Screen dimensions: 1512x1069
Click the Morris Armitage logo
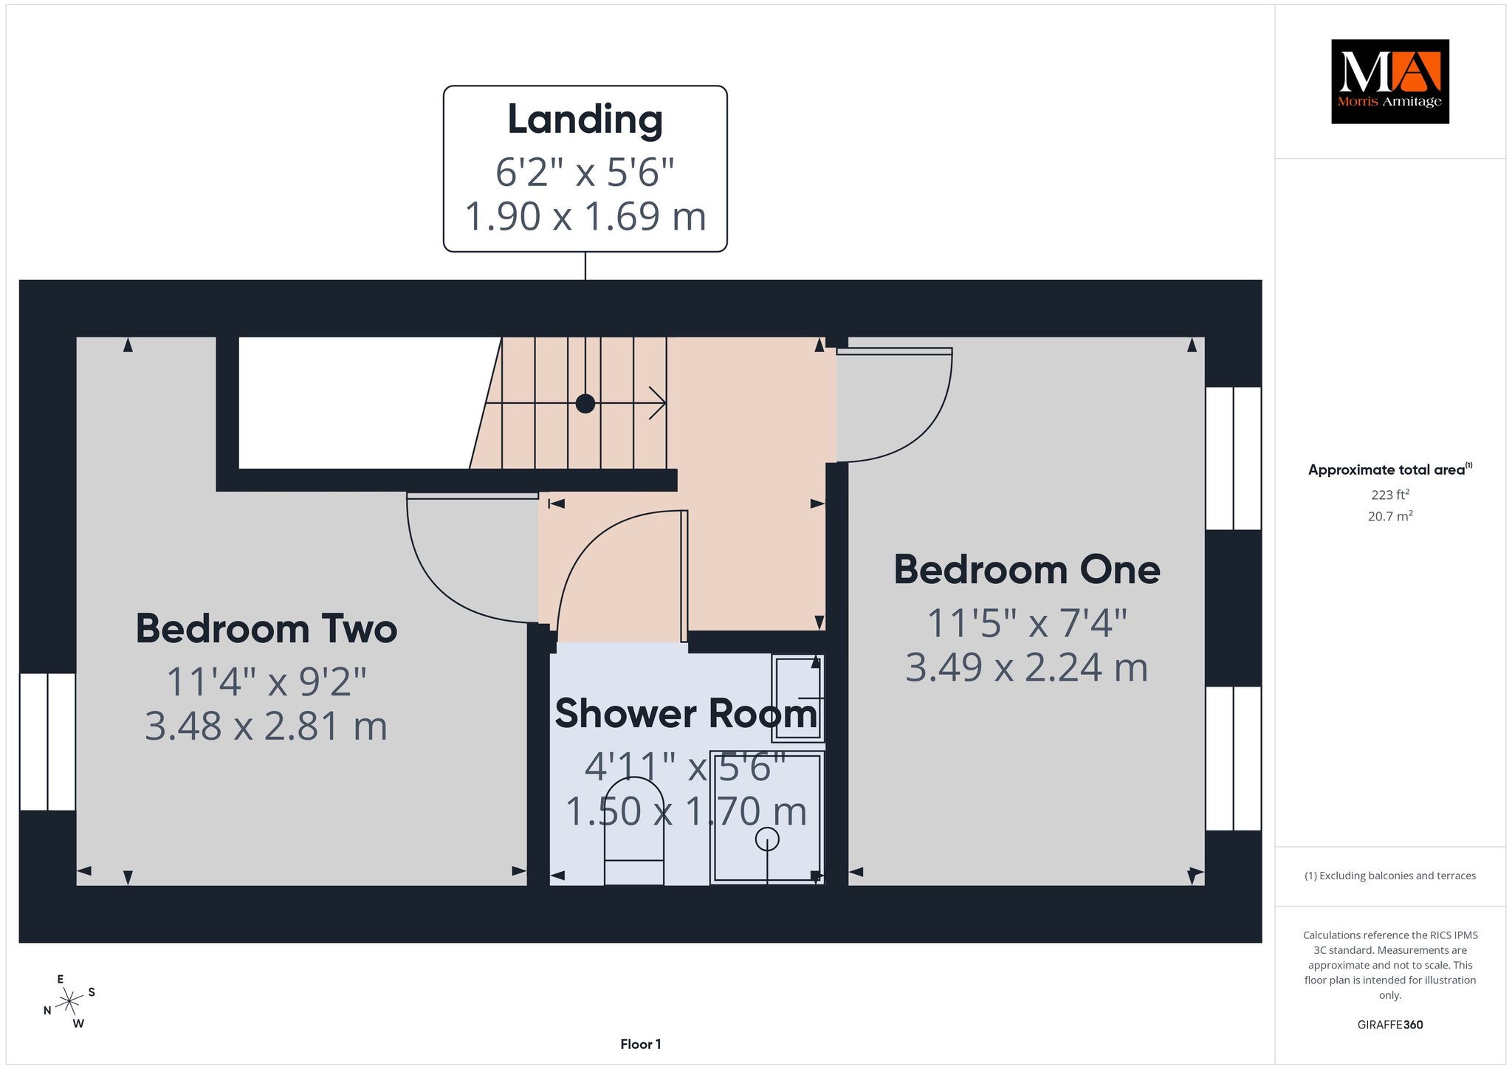tap(1389, 81)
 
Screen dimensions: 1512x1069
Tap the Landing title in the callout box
tap(585, 120)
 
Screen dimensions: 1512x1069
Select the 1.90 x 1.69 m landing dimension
tap(585, 216)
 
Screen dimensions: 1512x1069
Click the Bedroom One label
tap(1027, 570)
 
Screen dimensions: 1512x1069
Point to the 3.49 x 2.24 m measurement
tap(1027, 667)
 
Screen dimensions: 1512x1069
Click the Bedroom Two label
tap(267, 629)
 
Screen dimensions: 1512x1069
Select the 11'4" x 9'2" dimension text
tap(267, 681)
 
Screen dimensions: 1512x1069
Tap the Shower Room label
tap(687, 714)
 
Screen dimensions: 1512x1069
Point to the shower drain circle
tap(767, 839)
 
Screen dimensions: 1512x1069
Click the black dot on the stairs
tap(585, 404)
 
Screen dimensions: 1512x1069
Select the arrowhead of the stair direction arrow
tap(658, 403)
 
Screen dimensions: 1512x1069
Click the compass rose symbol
tap(69, 1001)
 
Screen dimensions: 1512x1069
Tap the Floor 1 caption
tap(641, 1044)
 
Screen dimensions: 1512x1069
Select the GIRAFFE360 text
tap(1390, 1025)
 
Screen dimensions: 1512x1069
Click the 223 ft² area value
tap(1390, 495)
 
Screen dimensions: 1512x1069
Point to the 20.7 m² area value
tap(1390, 516)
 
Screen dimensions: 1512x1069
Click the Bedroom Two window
tap(47, 742)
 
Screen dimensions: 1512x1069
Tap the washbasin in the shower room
tap(798, 698)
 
